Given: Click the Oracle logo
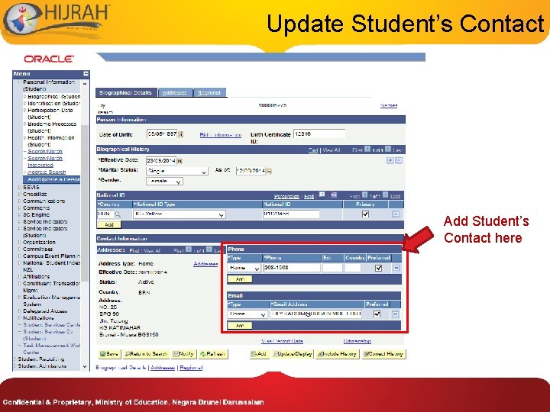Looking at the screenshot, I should click(x=48, y=59).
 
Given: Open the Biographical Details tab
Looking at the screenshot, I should click(x=126, y=92).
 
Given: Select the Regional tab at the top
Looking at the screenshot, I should click(x=209, y=92).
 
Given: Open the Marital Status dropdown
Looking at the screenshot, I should click(x=176, y=171).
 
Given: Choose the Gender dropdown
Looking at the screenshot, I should click(x=164, y=182).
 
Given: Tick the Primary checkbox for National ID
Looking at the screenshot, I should click(x=365, y=214).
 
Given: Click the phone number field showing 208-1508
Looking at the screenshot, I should click(x=290, y=268).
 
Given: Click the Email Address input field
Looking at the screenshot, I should click(x=316, y=314).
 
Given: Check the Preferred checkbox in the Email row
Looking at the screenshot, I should click(x=376, y=314).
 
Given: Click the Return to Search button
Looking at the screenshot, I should click(x=147, y=354).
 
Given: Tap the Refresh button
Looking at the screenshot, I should click(x=212, y=354).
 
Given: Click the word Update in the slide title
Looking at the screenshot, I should click(x=305, y=24).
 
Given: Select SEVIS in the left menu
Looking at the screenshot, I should click(x=31, y=187).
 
